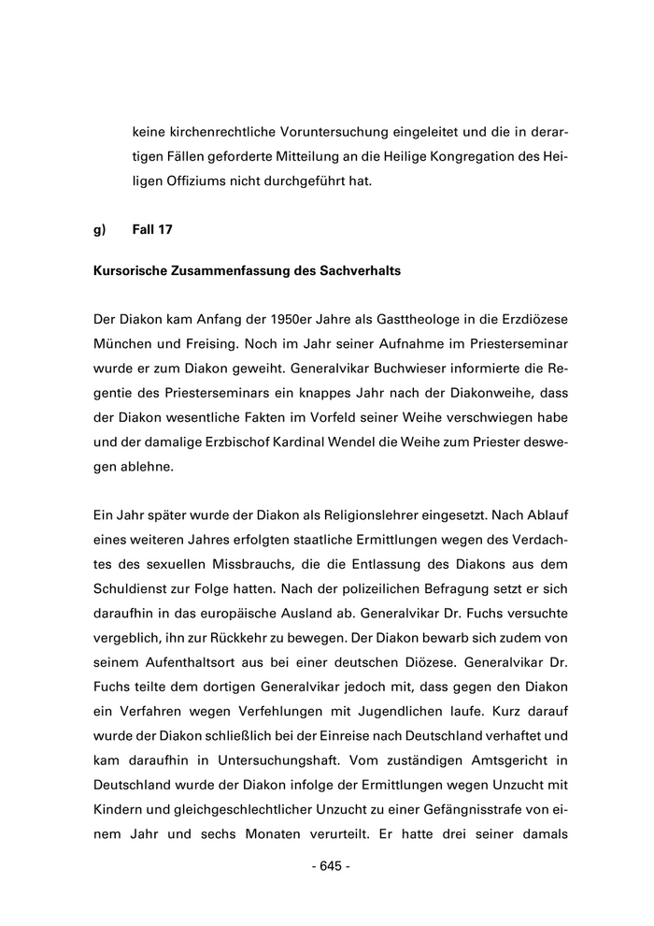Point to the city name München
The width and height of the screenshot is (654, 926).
[x=124, y=345]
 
